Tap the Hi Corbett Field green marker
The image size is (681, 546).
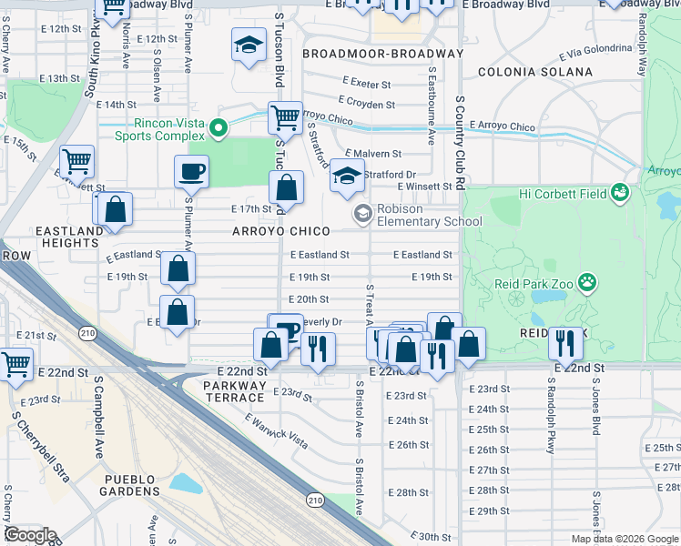pyautogui.click(x=620, y=192)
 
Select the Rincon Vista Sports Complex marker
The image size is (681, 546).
pyautogui.click(x=219, y=128)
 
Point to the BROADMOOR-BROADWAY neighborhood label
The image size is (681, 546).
pyautogui.click(x=382, y=54)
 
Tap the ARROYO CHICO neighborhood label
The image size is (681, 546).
pyautogui.click(x=280, y=231)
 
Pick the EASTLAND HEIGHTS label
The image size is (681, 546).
pyautogui.click(x=69, y=238)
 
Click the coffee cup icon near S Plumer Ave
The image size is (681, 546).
pyautogui.click(x=192, y=170)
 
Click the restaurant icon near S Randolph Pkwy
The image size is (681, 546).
pyautogui.click(x=565, y=342)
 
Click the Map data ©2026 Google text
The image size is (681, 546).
pyautogui.click(x=624, y=539)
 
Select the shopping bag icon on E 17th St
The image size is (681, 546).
pyautogui.click(x=287, y=187)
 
